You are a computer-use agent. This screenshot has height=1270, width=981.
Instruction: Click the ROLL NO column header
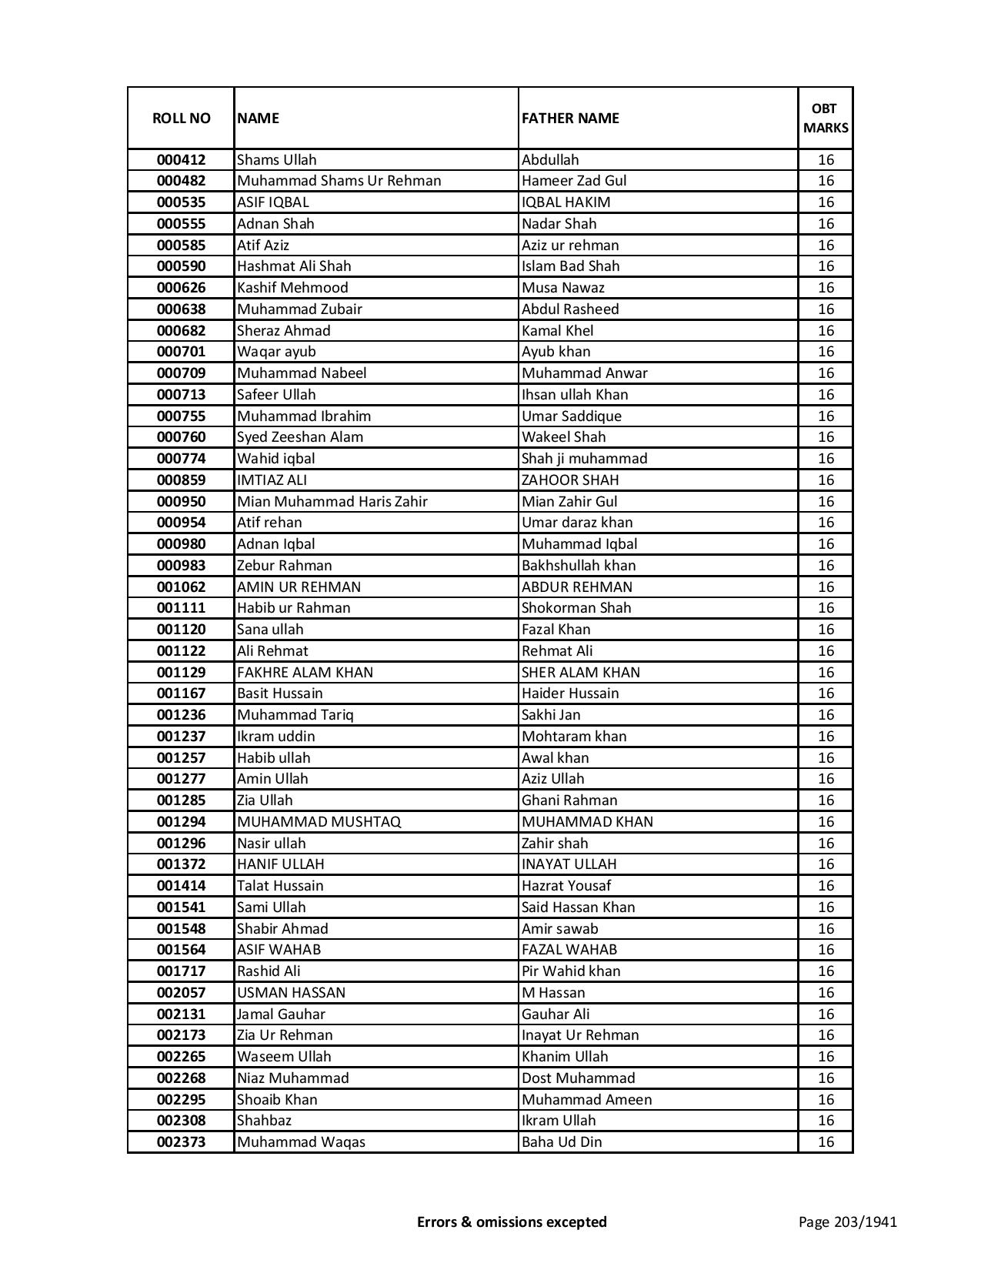coord(181,118)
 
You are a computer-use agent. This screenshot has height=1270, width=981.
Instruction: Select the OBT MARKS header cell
coord(826,118)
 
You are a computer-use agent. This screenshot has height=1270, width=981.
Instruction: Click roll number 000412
coord(181,160)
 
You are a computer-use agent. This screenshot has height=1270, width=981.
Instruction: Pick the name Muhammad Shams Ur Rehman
coord(339,181)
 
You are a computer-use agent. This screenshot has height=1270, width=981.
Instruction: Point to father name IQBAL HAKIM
coord(566,202)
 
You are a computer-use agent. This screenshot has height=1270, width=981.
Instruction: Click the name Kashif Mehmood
coord(292,288)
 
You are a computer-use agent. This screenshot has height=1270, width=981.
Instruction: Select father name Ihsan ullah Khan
coord(575,395)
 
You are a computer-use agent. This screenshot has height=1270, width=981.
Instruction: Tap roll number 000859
coord(181,480)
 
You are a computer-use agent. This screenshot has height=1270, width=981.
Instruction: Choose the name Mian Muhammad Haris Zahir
coord(332,502)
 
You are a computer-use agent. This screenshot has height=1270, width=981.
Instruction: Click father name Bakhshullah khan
coord(579,566)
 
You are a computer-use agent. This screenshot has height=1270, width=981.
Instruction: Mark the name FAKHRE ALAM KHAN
coord(305,673)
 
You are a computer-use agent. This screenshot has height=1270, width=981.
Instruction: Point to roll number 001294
coord(181,822)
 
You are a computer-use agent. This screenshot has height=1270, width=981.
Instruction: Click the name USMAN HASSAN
coord(291,993)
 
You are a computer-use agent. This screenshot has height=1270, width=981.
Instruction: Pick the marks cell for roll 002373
coord(826,1142)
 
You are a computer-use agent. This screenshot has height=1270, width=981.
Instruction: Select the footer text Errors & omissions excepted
coord(512,1222)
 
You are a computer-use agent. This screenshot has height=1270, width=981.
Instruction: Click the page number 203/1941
coord(847,1222)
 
